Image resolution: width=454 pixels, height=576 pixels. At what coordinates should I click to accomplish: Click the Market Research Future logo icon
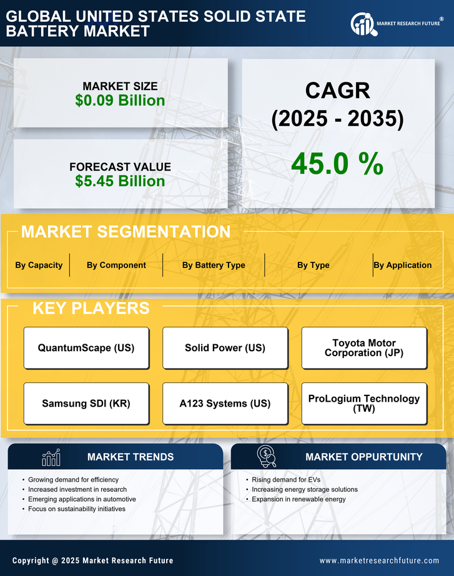362,24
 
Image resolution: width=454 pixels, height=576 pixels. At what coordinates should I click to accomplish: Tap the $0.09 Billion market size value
120,101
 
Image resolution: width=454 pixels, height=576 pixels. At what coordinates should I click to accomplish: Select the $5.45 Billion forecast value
120,181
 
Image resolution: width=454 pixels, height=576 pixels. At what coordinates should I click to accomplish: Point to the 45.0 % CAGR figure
337,164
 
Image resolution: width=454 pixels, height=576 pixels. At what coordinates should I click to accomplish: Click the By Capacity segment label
39,265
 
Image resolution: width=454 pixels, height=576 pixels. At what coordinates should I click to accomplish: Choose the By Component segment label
116,265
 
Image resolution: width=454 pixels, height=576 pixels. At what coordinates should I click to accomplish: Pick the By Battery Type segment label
214,265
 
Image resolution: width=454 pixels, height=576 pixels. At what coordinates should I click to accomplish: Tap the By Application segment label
403,265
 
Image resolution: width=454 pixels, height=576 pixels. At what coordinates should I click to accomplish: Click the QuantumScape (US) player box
86,348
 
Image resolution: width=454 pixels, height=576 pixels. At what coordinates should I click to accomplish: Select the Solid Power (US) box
225,348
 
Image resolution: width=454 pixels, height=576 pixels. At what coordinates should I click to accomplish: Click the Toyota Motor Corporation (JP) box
364,348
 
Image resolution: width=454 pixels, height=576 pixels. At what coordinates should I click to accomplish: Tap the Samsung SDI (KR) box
86,404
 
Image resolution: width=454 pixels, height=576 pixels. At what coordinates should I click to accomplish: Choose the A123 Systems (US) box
225,404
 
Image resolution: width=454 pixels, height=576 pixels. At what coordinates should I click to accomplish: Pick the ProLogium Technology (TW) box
364,404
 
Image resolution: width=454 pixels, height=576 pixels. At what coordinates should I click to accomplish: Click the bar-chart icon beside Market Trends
51,457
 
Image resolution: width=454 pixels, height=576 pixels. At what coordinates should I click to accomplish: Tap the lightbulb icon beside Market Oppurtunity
266,457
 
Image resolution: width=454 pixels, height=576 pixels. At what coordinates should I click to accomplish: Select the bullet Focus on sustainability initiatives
77,509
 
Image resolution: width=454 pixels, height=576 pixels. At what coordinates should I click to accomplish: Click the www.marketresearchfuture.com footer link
379,560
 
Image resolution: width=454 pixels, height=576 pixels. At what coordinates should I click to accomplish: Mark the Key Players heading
91,308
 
